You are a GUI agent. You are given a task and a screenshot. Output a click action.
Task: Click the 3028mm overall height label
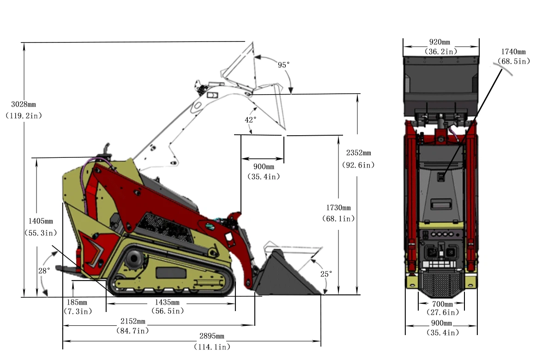pyautogui.click(x=23, y=104)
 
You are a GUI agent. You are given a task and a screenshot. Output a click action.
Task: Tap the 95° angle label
pyautogui.click(x=283, y=65)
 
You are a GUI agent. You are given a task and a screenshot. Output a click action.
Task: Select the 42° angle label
pyautogui.click(x=250, y=120)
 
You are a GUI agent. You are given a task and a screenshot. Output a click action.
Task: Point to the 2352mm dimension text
pyautogui.click(x=358, y=153)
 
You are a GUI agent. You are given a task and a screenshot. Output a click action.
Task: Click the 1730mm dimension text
pyautogui.click(x=338, y=208)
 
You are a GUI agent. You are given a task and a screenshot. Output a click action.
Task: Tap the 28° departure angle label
pyautogui.click(x=44, y=271)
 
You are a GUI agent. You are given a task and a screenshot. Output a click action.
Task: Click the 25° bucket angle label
pyautogui.click(x=326, y=274)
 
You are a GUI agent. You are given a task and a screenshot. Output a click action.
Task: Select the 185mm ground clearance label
pyautogui.click(x=77, y=302)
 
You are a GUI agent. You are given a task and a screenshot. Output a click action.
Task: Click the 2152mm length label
pyautogui.click(x=132, y=321)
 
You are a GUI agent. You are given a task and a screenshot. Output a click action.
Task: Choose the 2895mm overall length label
pyautogui.click(x=211, y=336)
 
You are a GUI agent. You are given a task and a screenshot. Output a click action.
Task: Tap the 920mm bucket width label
pyautogui.click(x=441, y=42)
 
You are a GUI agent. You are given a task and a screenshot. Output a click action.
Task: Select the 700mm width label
pyautogui.click(x=441, y=304)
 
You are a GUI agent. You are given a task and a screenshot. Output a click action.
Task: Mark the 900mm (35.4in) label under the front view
pyautogui.click(x=441, y=323)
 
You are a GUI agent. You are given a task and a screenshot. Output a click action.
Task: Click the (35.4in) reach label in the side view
pyautogui.click(x=263, y=176)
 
